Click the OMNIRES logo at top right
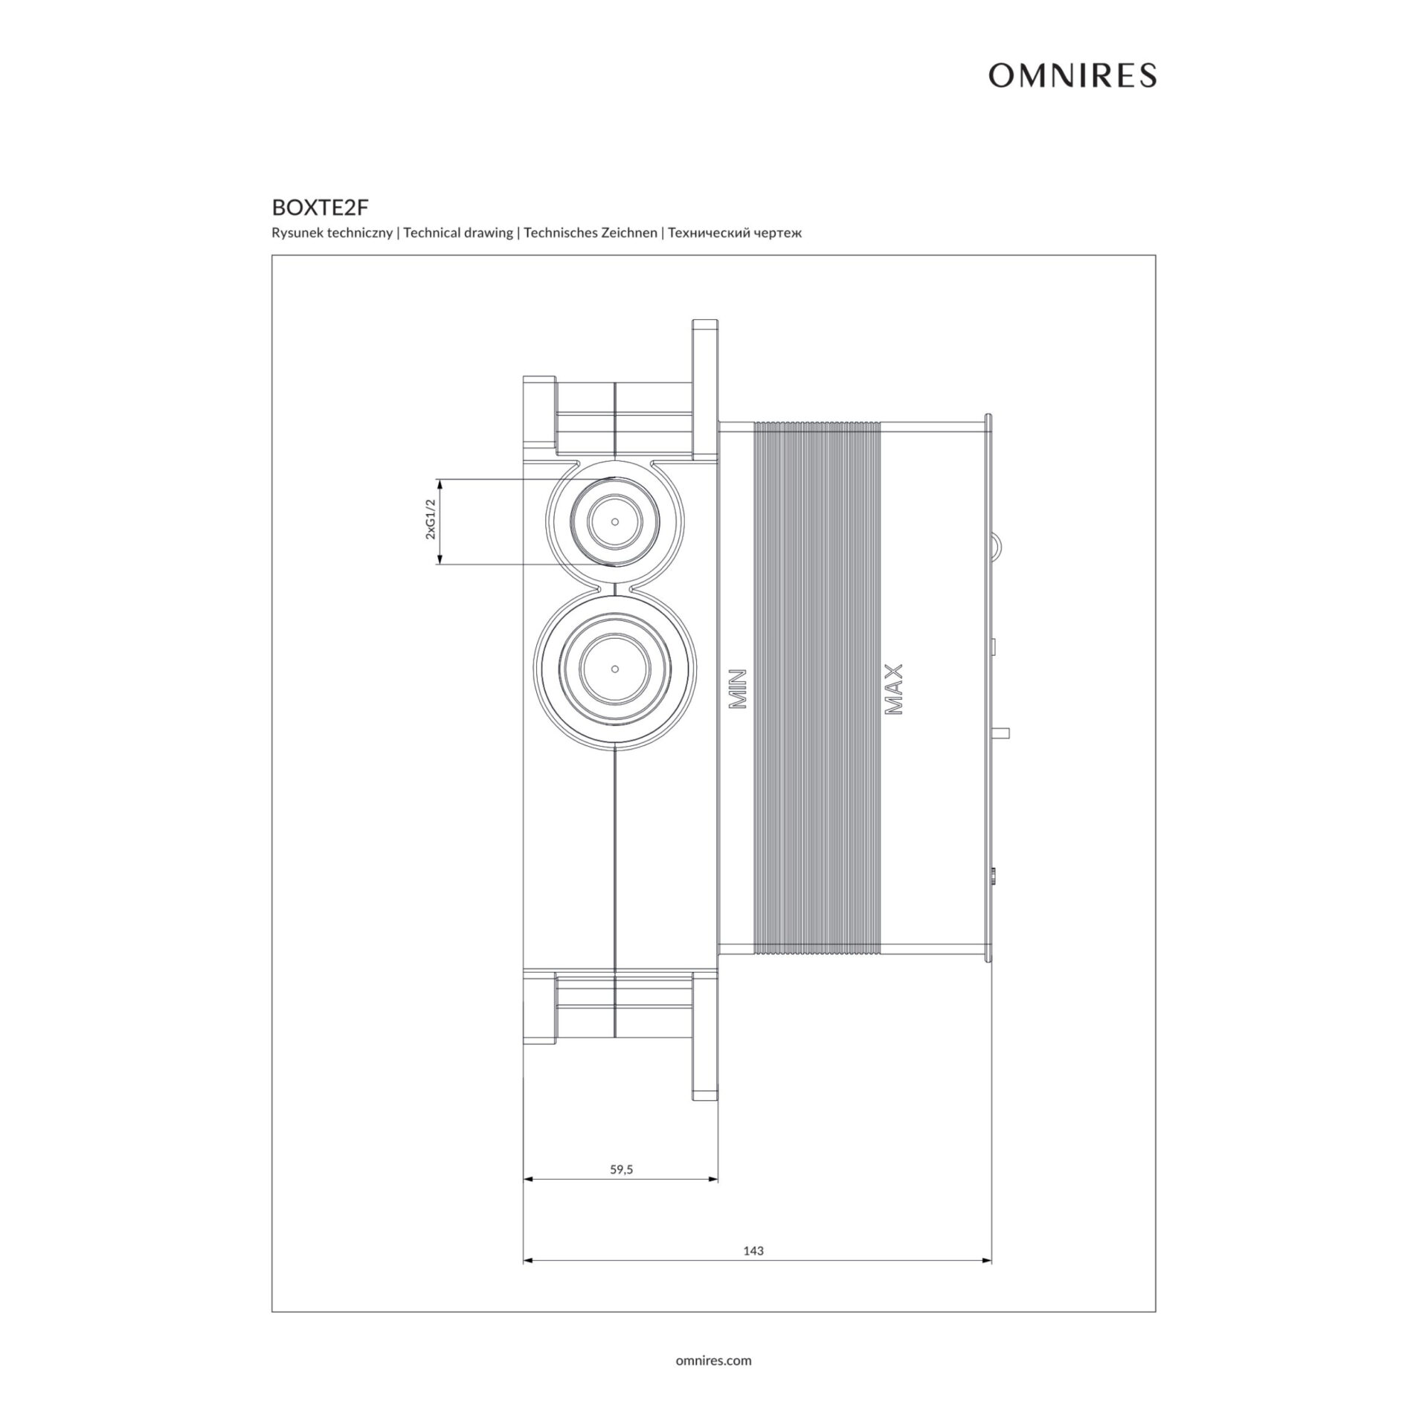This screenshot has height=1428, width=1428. [1072, 75]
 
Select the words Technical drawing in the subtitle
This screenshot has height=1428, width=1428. [458, 233]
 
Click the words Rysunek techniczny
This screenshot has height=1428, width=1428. [332, 233]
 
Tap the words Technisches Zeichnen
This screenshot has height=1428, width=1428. [590, 233]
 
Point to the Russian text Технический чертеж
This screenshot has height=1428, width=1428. [735, 233]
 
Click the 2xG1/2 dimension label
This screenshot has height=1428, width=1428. [430, 521]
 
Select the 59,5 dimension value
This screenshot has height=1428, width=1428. [621, 1170]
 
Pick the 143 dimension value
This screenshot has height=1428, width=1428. [753, 1251]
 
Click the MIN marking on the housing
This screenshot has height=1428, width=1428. [736, 688]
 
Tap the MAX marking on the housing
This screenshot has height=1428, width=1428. [893, 689]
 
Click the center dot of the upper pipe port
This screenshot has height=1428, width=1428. [614, 522]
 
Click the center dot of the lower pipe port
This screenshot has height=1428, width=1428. [614, 668]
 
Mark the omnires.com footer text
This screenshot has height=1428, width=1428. [713, 1360]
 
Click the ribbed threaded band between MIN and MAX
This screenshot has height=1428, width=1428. [817, 688]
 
